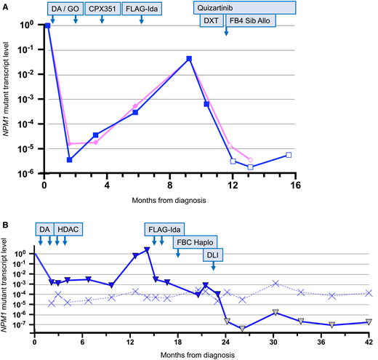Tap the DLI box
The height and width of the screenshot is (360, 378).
(x=214, y=257)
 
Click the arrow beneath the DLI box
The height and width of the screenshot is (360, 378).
(x=213, y=268)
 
